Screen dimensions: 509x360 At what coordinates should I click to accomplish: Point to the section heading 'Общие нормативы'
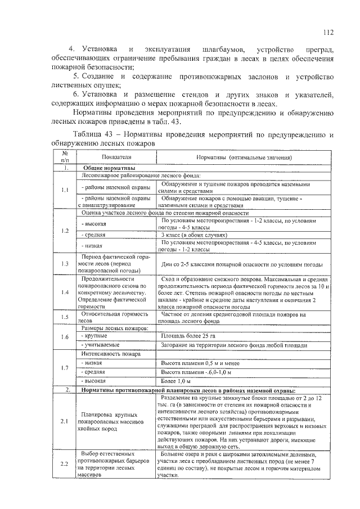point(110,168)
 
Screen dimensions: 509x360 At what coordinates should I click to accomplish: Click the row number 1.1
point(65,190)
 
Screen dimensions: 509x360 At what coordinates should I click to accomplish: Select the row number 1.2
point(65,231)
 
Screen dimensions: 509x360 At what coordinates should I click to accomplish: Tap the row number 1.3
point(65,264)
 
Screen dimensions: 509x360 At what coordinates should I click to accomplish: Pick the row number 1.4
point(65,292)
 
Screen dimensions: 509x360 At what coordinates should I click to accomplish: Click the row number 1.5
point(65,317)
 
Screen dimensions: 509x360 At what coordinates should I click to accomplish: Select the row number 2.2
point(65,463)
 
